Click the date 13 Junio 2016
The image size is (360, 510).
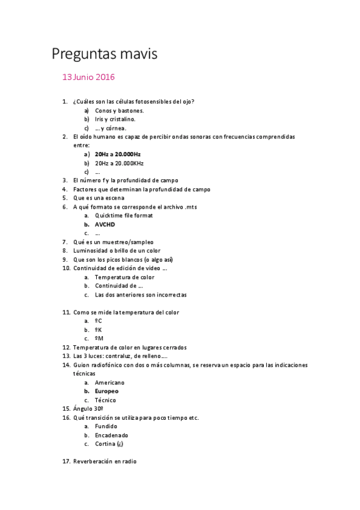pyautogui.click(x=88, y=77)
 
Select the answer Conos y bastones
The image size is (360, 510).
pyautogui.click(x=119, y=111)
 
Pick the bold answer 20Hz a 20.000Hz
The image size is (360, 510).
pyautogui.click(x=118, y=154)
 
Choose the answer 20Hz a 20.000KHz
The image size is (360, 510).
pyautogui.click(x=119, y=163)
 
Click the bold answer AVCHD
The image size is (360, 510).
pyautogui.click(x=105, y=224)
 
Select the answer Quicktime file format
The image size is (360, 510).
pyautogui.click(x=124, y=215)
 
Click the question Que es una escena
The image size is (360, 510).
pyautogui.click(x=99, y=198)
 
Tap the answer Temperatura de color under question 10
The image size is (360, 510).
pyautogui.click(x=124, y=277)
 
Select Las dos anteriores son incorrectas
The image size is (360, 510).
pyautogui.click(x=141, y=295)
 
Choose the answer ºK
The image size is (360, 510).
pyautogui.click(x=99, y=330)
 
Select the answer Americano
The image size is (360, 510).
pyautogui.click(x=109, y=382)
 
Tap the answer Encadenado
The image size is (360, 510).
pyautogui.click(x=111, y=435)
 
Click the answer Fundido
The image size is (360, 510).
pyautogui.click(x=106, y=426)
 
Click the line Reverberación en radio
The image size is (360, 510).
pyautogui.click(x=105, y=461)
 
